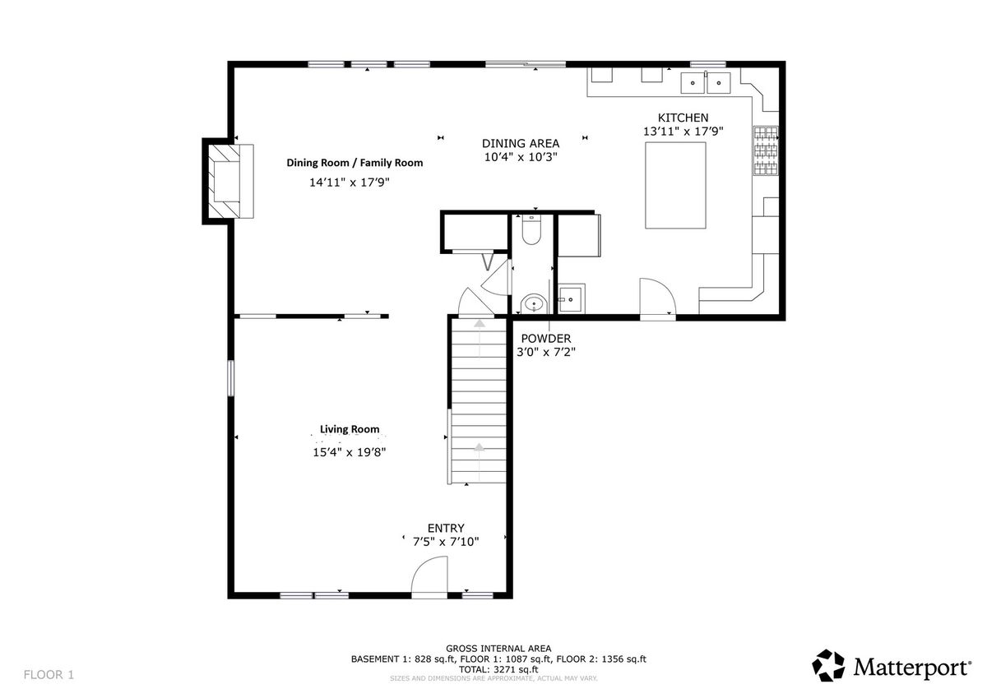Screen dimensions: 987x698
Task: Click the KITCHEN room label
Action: click(x=683, y=118)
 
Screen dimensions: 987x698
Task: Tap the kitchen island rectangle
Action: click(x=675, y=186)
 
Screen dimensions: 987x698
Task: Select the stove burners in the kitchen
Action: click(x=766, y=150)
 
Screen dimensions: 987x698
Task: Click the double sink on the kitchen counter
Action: click(x=706, y=83)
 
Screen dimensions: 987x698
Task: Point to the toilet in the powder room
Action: click(x=531, y=229)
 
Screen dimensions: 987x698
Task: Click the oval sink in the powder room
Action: click(x=534, y=303)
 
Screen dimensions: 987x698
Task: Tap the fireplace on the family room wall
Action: click(x=228, y=181)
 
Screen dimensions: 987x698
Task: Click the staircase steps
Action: click(x=479, y=401)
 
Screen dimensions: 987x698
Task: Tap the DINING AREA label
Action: click(x=521, y=143)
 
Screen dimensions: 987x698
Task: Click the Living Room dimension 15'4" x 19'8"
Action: click(x=350, y=452)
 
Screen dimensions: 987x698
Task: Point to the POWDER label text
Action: click(x=546, y=338)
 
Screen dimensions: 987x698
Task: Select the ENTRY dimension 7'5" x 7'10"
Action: click(x=446, y=541)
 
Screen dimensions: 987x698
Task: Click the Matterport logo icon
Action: click(x=828, y=665)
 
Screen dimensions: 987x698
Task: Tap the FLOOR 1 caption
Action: click(x=49, y=675)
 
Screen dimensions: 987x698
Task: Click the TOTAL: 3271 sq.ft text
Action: click(x=498, y=669)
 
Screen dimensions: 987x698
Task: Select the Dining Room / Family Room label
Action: click(x=354, y=163)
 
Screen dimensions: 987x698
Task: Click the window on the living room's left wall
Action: click(x=230, y=378)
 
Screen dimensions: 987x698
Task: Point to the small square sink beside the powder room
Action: click(x=572, y=298)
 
